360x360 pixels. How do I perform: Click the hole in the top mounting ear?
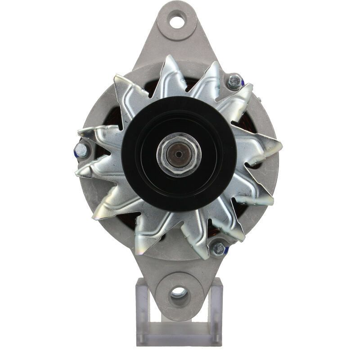[x=178, y=20]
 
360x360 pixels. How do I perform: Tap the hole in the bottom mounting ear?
[x=179, y=293]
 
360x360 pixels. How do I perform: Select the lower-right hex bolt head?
[x=219, y=248]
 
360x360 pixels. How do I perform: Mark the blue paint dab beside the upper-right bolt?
[x=242, y=83]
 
